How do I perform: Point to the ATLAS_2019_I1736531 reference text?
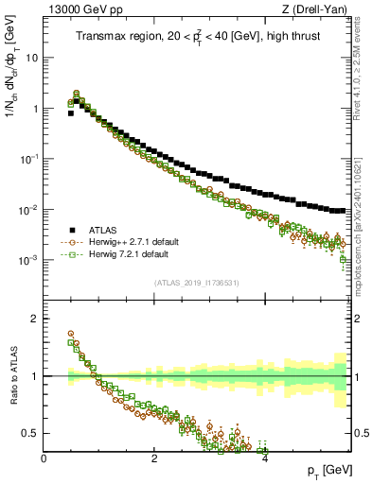point(197,283)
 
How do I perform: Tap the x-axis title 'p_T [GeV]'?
point(327,470)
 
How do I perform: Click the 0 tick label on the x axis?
point(44,458)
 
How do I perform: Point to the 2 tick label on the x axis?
point(154,458)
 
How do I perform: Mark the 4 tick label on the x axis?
point(265,458)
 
